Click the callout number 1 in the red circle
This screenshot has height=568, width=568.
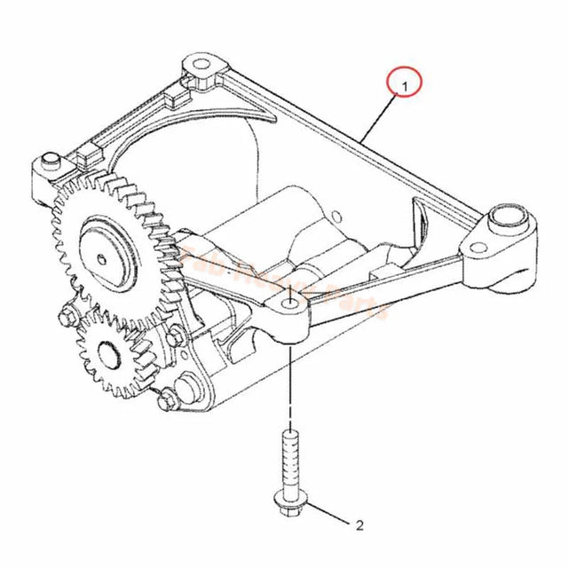pos(405,86)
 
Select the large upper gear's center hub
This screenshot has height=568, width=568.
pos(106,258)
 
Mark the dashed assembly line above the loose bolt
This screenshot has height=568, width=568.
pos(290,390)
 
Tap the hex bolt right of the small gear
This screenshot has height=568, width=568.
pos(176,337)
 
